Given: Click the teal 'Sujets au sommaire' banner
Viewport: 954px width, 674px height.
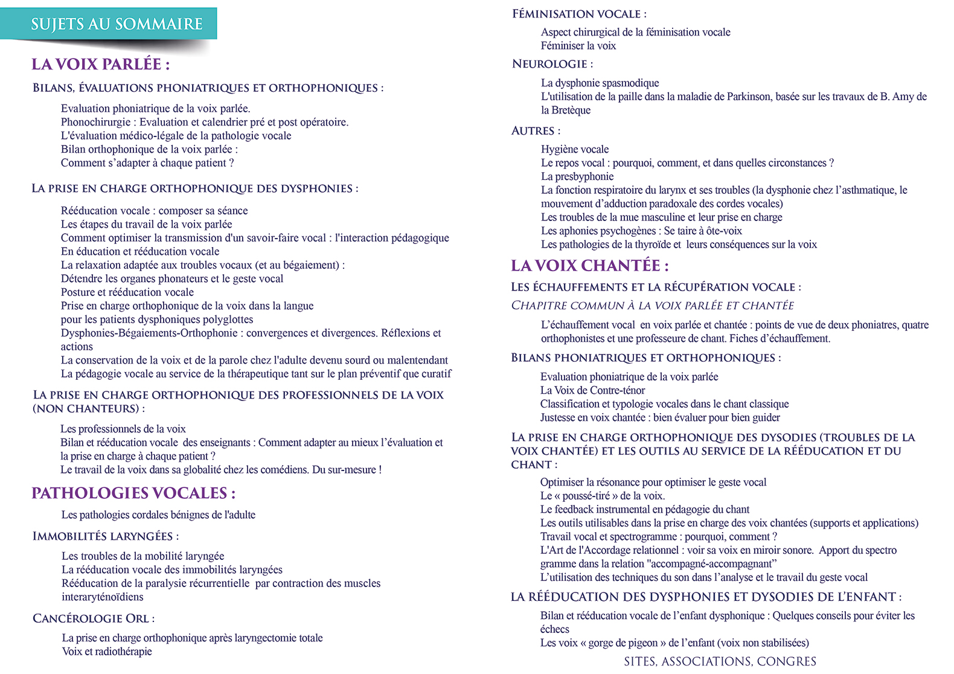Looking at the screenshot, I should [x=117, y=24].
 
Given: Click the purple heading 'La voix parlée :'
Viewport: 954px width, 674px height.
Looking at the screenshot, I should [x=100, y=64].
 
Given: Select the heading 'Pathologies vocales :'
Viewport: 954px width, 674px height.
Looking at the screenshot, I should [x=133, y=493].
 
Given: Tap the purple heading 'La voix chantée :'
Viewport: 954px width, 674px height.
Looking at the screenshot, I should [x=589, y=266].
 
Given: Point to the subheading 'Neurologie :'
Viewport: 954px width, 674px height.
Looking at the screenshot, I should [x=552, y=64].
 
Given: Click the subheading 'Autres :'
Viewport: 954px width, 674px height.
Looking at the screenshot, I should [x=536, y=130].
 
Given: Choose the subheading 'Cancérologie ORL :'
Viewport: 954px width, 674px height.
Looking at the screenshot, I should [x=94, y=618].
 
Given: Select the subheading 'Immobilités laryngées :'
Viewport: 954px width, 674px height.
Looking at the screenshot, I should [x=106, y=536].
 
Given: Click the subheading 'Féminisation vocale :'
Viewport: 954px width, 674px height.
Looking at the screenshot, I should [x=579, y=14].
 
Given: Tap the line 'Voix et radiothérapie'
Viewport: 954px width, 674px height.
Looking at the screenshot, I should [x=107, y=652].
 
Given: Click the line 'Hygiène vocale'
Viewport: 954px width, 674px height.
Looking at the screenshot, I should [x=575, y=149].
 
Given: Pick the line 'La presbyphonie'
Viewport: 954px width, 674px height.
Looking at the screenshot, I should [x=577, y=176].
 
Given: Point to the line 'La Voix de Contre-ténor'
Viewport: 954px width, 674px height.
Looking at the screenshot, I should [x=592, y=390].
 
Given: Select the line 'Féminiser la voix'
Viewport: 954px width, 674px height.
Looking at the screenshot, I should [x=578, y=46].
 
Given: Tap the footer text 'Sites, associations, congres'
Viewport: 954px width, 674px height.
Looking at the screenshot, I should [x=720, y=661].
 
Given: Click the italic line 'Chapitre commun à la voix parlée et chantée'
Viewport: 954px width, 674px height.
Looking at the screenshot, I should [x=653, y=306].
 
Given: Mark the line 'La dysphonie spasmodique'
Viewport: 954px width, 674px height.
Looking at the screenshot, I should [x=600, y=83].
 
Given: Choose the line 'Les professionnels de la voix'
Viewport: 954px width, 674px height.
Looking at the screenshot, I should [x=123, y=429].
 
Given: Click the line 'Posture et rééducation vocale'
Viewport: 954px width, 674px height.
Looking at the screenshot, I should [x=127, y=292].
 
